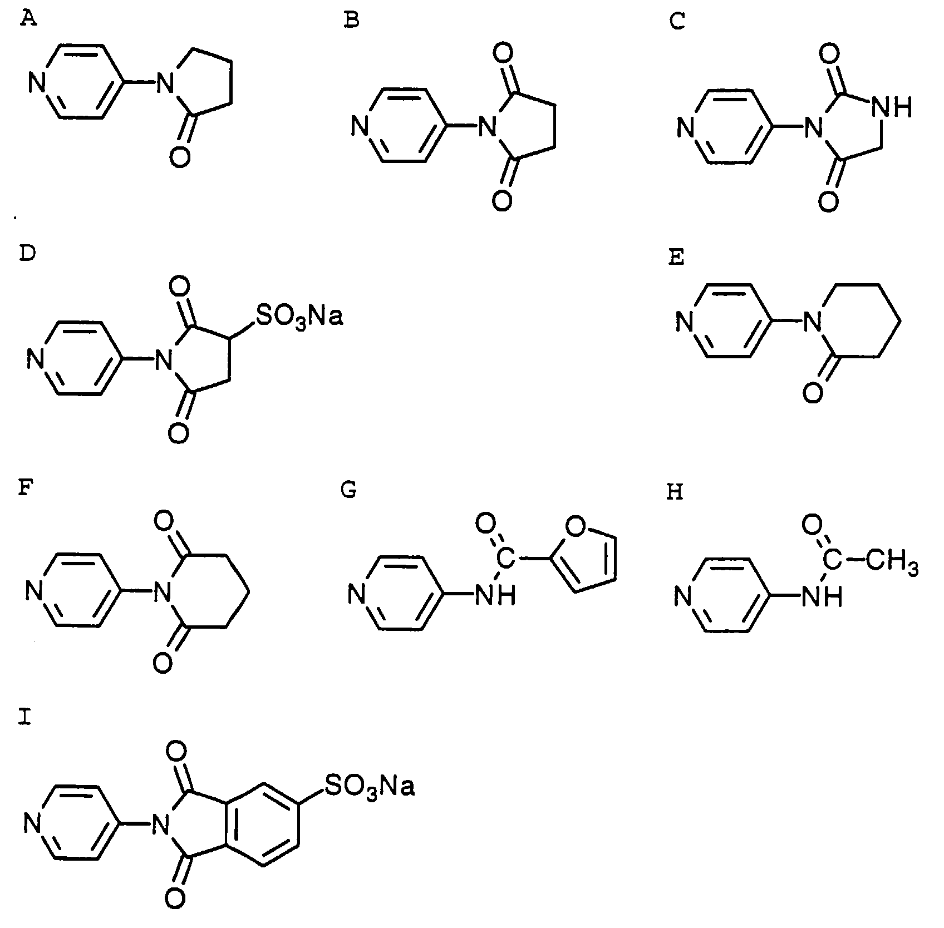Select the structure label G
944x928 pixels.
(x=349, y=491)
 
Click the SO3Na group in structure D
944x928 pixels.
(x=298, y=316)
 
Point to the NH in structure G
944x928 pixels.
(x=495, y=595)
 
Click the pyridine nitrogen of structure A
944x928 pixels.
(x=37, y=85)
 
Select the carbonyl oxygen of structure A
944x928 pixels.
(x=180, y=157)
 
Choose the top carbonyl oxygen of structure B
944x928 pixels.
(x=502, y=55)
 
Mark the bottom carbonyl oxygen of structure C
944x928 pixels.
(x=828, y=201)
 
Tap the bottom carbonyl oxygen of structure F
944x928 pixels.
(x=162, y=663)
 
